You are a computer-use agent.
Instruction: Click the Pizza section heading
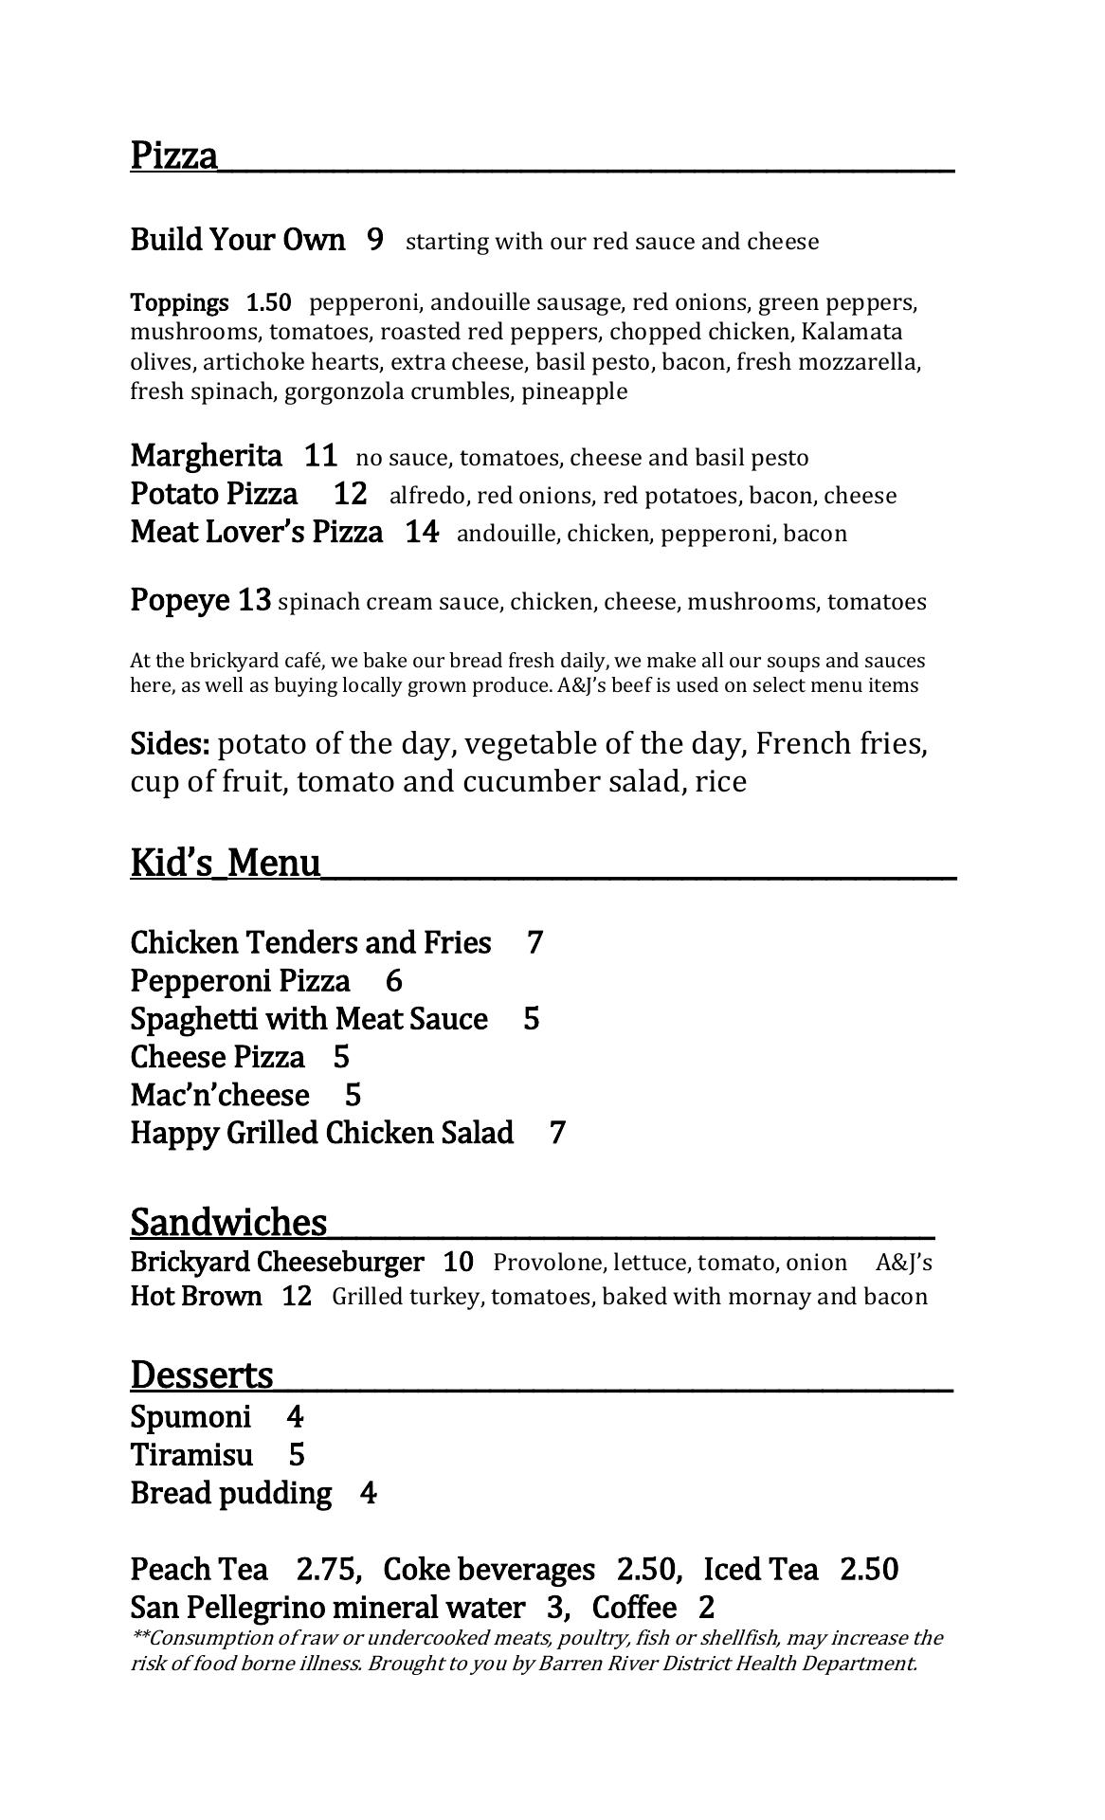(174, 155)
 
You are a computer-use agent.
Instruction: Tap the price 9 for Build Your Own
(375, 240)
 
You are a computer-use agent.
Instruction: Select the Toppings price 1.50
(269, 303)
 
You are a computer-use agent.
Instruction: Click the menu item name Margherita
(206, 456)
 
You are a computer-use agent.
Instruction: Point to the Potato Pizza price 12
(351, 494)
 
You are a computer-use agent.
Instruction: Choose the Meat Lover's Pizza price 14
(422, 532)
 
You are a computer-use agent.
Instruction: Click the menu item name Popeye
(179, 600)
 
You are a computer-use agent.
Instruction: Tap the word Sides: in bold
(170, 744)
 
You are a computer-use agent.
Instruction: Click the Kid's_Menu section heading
(226, 864)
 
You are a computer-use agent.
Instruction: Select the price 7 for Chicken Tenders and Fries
(535, 942)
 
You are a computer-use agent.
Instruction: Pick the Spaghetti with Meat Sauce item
(309, 1018)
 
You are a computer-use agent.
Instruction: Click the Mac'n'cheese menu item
(220, 1095)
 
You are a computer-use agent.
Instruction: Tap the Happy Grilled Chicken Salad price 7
(557, 1133)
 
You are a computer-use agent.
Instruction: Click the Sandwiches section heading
(228, 1222)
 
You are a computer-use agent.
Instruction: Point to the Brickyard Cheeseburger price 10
(458, 1262)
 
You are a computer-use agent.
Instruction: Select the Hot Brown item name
(196, 1296)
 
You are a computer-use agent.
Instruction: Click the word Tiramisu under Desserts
(192, 1454)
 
